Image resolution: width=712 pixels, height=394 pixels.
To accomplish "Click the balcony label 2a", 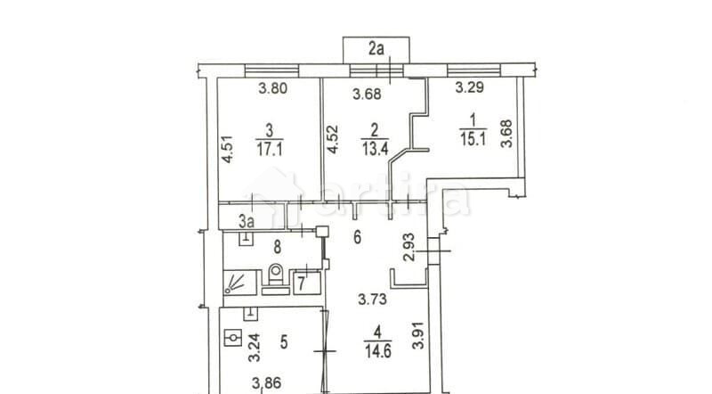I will point(377,50).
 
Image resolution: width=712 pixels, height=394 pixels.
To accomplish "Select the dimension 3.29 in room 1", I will point(471,88).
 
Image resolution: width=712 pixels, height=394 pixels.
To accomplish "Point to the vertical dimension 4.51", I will point(229,147).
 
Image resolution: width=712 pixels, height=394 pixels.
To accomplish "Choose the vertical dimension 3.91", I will point(418,336).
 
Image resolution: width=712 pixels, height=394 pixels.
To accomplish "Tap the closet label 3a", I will point(247,218).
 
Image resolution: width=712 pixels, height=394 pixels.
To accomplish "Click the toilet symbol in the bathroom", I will point(275,276).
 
